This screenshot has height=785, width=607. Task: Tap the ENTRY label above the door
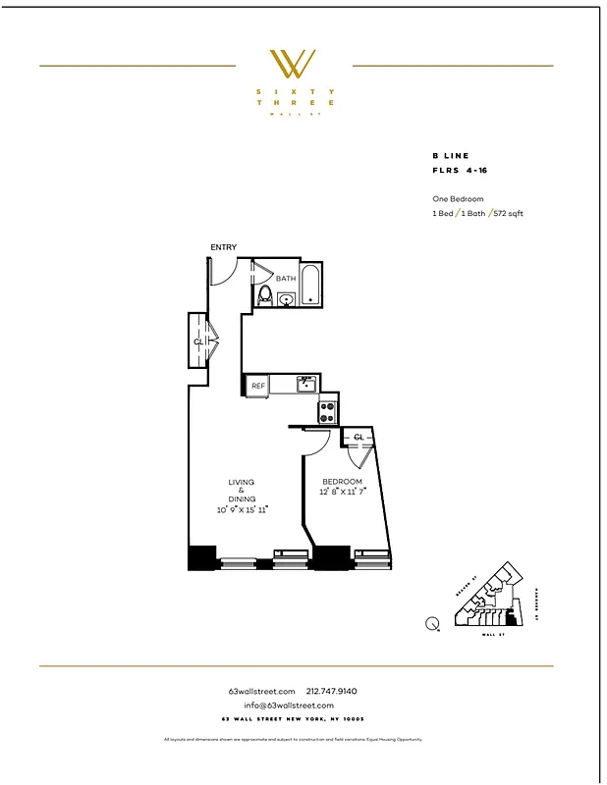(223, 247)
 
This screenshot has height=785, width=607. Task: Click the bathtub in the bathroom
(310, 285)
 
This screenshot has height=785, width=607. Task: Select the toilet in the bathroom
(263, 294)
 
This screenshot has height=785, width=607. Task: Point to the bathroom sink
(286, 299)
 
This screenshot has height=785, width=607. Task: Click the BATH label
(285, 279)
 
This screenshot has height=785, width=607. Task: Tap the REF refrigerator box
(258, 387)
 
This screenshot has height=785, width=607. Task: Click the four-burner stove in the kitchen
(327, 409)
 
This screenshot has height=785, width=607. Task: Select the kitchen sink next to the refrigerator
(306, 384)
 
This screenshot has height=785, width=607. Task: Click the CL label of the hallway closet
(198, 341)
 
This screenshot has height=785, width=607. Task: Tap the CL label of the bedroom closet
(359, 437)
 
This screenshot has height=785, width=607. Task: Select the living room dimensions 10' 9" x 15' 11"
(242, 509)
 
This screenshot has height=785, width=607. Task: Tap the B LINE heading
(451, 156)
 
